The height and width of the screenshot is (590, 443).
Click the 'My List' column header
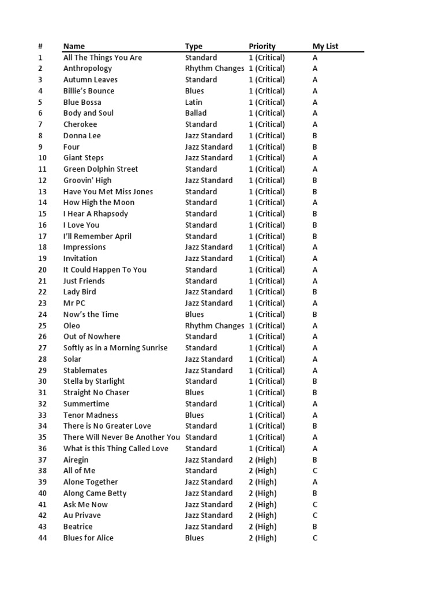coord(325,46)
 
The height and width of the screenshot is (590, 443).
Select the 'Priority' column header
coord(262,46)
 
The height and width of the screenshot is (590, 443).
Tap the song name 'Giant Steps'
coord(84,158)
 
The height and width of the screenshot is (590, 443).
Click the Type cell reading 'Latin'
coord(194,102)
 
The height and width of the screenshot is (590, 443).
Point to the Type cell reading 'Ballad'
coord(196,113)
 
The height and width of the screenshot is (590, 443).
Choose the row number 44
coord(43,538)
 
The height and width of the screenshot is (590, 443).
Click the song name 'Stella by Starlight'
coord(94,381)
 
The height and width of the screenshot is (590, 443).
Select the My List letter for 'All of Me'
coord(315,471)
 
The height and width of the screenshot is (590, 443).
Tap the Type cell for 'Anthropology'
coord(215,69)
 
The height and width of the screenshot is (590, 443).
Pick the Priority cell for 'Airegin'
coord(262,460)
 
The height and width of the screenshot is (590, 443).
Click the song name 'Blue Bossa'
coord(82,102)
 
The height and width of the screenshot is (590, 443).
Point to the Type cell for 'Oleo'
coord(215,326)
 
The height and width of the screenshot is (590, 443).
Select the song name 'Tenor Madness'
coord(91,415)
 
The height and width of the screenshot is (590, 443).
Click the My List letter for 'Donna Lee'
coord(315,135)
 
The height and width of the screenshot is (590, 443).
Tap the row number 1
coord(40,58)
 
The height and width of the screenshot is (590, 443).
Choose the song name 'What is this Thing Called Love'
coord(116,448)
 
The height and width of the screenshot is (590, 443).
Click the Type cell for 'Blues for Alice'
coord(194,538)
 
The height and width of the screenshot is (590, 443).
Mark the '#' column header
coord(40,46)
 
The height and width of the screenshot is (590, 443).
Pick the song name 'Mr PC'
coord(74,303)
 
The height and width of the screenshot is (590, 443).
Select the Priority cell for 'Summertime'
coord(266,404)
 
